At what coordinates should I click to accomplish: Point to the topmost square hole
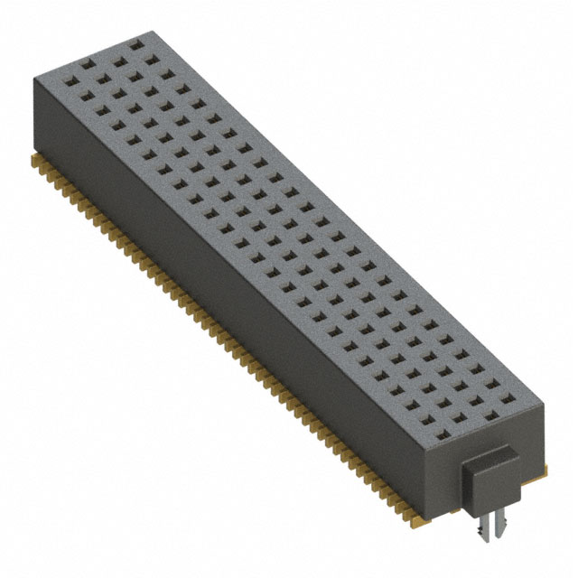click(x=136, y=43)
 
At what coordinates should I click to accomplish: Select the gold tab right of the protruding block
click(x=545, y=468)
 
